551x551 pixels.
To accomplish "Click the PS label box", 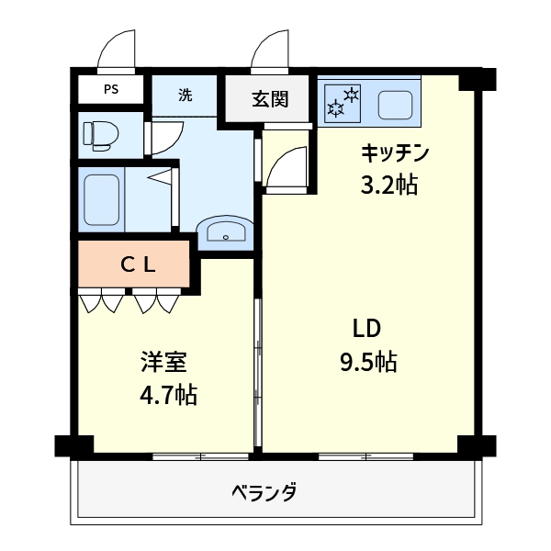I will click(111, 90).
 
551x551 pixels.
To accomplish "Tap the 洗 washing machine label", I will click(186, 95).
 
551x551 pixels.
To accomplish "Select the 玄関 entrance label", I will click(270, 98).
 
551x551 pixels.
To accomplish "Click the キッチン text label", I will click(395, 152).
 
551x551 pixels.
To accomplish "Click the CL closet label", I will click(139, 264).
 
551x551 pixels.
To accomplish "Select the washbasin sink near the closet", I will click(224, 231).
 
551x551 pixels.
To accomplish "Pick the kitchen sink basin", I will click(396, 104).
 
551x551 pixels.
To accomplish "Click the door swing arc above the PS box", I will click(117, 50).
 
